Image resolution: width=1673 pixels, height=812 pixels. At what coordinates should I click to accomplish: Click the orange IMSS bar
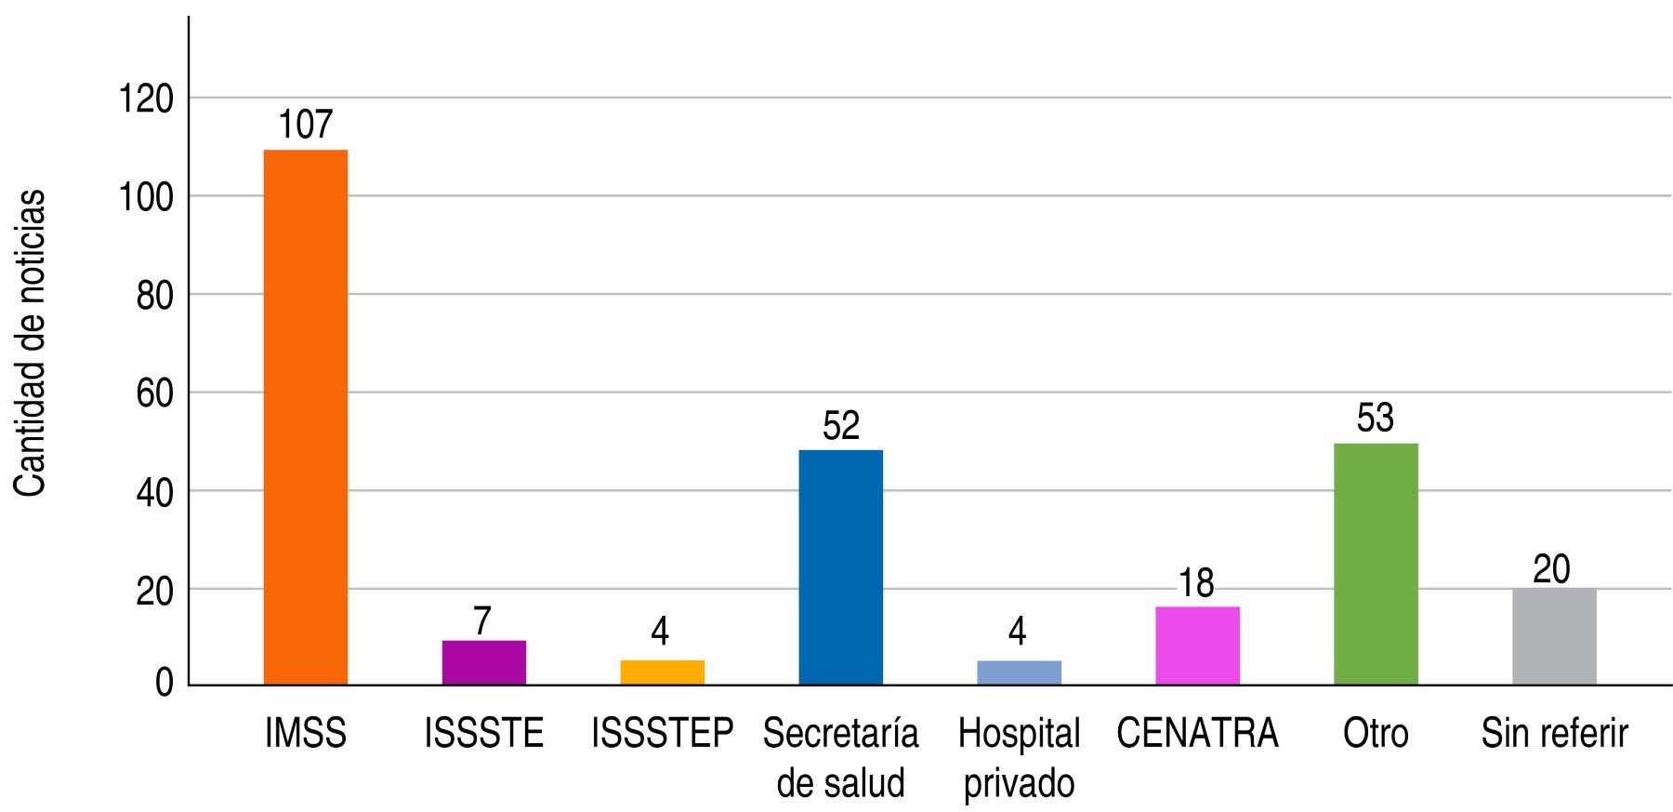click(x=306, y=418)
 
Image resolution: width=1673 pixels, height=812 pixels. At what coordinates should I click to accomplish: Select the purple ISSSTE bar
click(x=483, y=662)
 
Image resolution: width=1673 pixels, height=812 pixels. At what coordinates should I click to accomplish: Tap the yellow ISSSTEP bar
click(x=662, y=672)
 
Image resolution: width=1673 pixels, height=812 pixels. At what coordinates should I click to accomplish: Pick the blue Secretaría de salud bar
click(x=840, y=567)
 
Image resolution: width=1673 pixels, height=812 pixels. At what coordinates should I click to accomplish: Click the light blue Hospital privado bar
click(x=1019, y=672)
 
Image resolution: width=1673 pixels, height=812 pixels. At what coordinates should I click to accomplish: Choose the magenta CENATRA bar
click(x=1197, y=646)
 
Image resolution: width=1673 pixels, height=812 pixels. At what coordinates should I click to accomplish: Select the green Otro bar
click(x=1376, y=564)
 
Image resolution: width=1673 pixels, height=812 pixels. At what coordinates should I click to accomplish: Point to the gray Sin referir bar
click(x=1554, y=636)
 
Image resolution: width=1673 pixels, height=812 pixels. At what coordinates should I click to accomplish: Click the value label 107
click(x=306, y=125)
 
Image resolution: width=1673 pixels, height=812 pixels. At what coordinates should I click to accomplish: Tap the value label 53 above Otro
click(x=1376, y=419)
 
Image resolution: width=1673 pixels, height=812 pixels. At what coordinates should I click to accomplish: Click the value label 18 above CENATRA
click(x=1196, y=583)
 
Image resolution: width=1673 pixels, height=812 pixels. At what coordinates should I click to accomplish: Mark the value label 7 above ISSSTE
click(x=482, y=620)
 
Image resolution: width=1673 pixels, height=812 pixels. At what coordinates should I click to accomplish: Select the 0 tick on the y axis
click(x=165, y=684)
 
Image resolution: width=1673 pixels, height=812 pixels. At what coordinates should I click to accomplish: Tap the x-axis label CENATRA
click(x=1197, y=734)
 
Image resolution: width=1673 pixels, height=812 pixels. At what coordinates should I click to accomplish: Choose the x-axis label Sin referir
click(x=1554, y=734)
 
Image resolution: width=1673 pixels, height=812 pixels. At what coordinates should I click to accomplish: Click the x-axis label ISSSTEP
click(x=662, y=734)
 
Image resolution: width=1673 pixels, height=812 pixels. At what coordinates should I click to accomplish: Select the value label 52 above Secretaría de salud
click(x=841, y=425)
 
